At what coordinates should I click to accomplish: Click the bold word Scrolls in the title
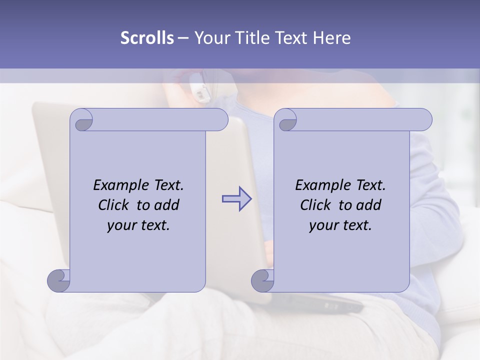147,38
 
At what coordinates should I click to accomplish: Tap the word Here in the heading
332,38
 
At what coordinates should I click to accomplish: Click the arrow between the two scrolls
237,198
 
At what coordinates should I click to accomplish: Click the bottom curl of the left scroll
58,280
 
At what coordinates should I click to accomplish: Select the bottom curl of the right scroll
262,280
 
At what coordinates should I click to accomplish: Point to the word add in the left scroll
167,205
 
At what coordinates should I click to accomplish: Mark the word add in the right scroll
369,205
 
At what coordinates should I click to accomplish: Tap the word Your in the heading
208,38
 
